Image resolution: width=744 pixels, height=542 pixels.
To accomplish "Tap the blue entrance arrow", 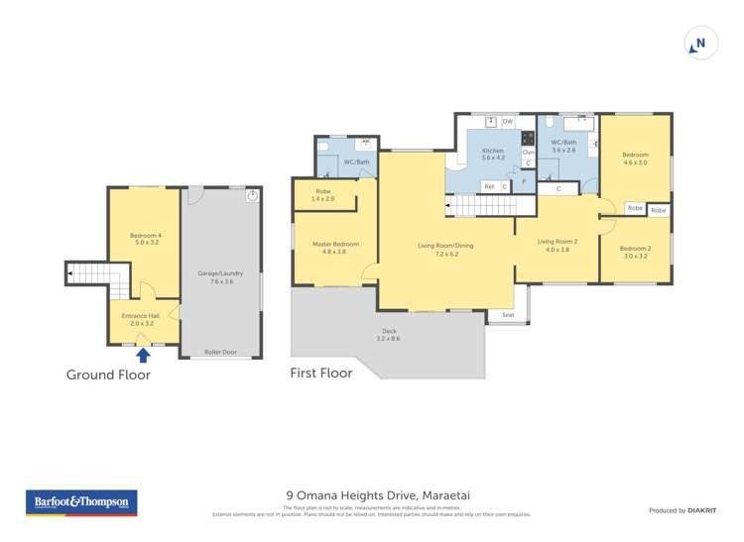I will [x=143, y=354].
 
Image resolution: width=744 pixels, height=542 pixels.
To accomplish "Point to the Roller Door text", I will [x=221, y=352].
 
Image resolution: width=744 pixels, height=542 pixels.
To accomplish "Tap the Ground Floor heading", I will [x=108, y=375].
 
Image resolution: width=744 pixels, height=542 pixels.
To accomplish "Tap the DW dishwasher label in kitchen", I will [x=507, y=122].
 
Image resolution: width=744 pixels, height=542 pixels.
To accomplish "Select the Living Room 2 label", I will [x=558, y=244].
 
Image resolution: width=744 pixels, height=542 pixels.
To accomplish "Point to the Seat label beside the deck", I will [x=508, y=316].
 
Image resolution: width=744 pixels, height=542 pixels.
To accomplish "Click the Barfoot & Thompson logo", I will [x=80, y=502].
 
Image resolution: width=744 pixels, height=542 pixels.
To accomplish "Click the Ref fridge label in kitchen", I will [x=489, y=186].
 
